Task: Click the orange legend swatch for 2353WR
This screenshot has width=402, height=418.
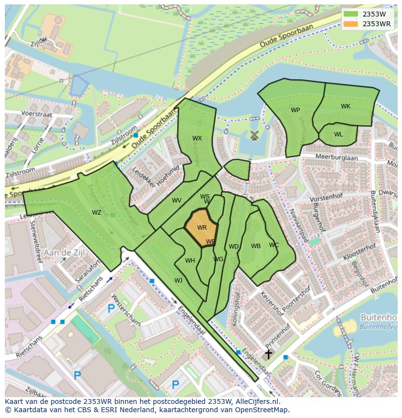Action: [x=351, y=24]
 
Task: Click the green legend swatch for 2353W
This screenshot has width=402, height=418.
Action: [x=351, y=14]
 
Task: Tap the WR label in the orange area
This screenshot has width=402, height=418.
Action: [x=202, y=228]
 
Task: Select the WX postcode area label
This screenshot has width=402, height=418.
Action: [x=197, y=138]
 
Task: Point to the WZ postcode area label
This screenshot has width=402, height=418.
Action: [x=97, y=213]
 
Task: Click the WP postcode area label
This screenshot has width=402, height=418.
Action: [x=295, y=110]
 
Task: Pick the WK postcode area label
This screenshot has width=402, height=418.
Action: [x=345, y=106]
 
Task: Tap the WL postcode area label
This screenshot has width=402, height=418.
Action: [x=338, y=134]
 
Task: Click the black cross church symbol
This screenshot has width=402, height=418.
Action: [x=268, y=354]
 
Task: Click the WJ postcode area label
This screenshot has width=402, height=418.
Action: [x=178, y=281]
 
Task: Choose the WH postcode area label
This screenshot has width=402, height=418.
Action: [x=190, y=261]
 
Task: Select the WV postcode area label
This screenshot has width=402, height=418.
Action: [x=176, y=201]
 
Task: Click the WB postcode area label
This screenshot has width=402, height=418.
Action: [x=256, y=246]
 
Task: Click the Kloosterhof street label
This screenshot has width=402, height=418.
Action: [x=359, y=251]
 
